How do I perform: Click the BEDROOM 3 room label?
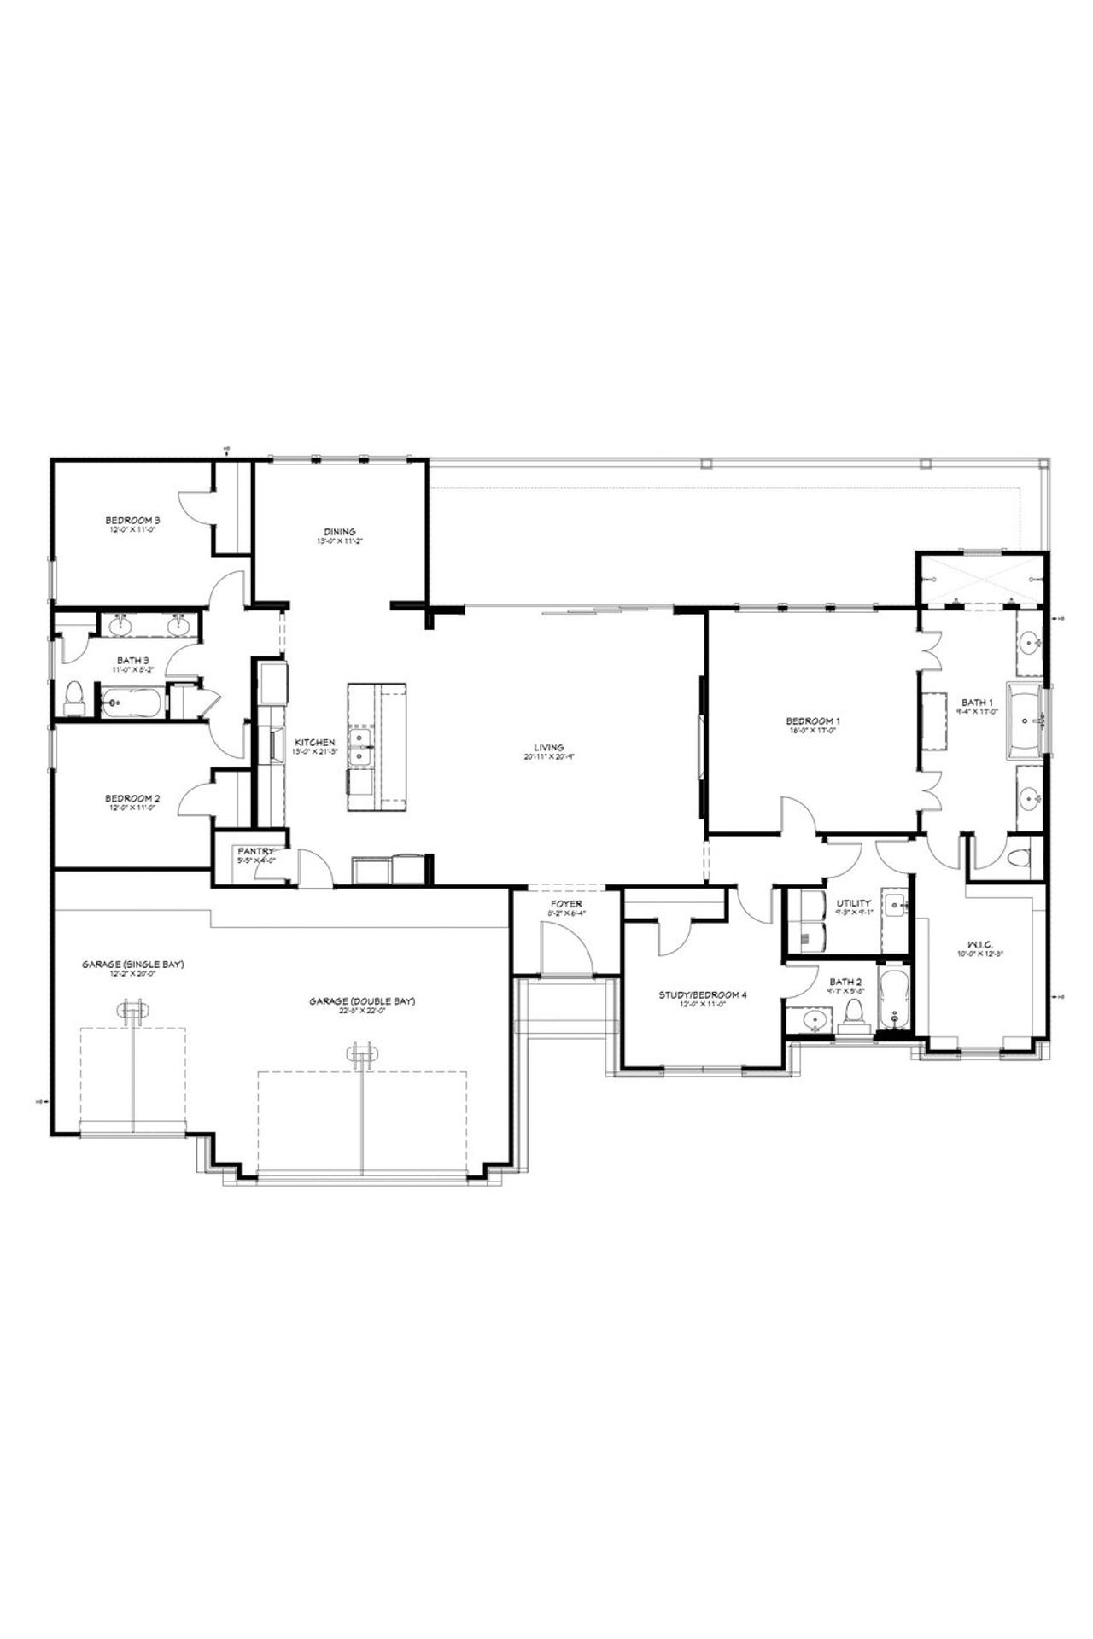133,520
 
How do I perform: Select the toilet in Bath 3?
74,697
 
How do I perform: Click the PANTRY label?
255,851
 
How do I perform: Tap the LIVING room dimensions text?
554,756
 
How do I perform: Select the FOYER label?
566,904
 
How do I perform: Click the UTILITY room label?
853,903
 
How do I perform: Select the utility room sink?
893,907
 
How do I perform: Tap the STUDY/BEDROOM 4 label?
703,994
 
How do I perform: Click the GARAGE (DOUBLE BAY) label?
363,1001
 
